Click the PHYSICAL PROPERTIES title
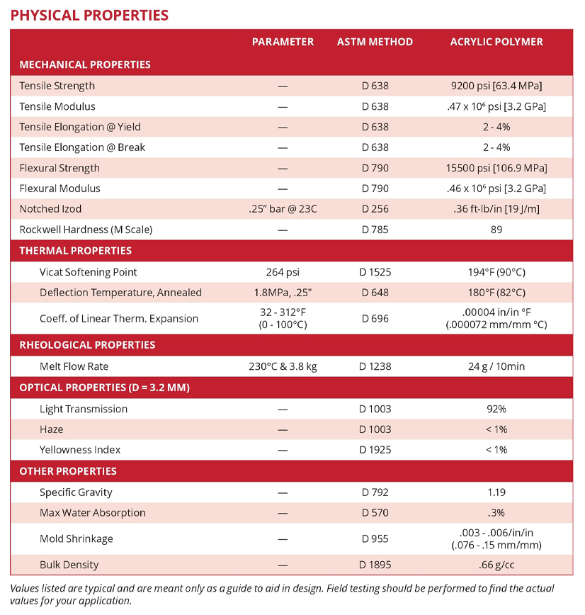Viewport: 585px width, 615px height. (89, 15)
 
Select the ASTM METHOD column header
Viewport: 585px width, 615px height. (375, 42)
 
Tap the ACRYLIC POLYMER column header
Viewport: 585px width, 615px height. (496, 42)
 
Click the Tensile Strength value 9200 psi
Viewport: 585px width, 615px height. (496, 86)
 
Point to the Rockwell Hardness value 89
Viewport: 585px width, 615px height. (496, 230)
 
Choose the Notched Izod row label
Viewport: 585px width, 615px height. (50, 209)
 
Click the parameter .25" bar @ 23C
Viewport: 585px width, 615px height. (283, 209)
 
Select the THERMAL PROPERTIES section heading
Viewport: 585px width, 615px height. (75, 251)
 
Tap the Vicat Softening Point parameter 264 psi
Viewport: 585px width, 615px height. (283, 272)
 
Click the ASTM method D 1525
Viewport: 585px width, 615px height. (375, 272)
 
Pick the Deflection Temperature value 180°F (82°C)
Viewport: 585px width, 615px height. (496, 293)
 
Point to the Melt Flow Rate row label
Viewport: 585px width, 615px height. (74, 366)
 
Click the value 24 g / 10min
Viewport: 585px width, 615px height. (496, 366)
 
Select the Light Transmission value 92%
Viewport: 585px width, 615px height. (496, 409)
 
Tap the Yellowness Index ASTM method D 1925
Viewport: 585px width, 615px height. (375, 450)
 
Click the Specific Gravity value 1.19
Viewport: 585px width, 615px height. (496, 492)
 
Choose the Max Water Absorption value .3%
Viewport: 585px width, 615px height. (496, 513)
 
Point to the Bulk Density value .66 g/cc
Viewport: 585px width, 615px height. (496, 565)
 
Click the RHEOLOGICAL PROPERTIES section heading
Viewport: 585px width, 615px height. (87, 345)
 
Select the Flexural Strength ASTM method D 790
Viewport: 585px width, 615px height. (375, 168)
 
